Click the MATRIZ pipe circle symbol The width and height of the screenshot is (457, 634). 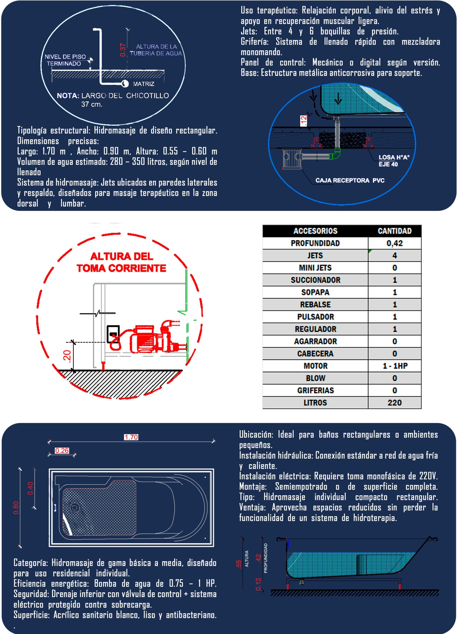pyautogui.click(x=125, y=83)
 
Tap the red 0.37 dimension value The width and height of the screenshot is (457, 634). pyautogui.click(x=123, y=50)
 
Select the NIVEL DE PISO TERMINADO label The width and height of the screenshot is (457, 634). pyautogui.click(x=65, y=60)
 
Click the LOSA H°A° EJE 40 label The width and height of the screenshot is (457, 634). pyautogui.click(x=394, y=161)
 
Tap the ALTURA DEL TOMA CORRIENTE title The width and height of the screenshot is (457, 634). pyautogui.click(x=121, y=262)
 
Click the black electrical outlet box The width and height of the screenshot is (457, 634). pyautogui.click(x=113, y=334)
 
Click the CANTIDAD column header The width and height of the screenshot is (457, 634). pyautogui.click(x=394, y=231)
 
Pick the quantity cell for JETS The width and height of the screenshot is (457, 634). pyautogui.click(x=394, y=256)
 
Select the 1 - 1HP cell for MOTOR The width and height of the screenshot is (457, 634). pyautogui.click(x=395, y=366)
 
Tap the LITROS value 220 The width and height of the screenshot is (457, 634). pyautogui.click(x=394, y=403)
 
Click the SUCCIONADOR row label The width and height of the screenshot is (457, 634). pyautogui.click(x=315, y=280)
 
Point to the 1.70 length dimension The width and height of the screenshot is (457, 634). pyautogui.click(x=131, y=437)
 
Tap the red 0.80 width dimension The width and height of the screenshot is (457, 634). pyautogui.click(x=16, y=508)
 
